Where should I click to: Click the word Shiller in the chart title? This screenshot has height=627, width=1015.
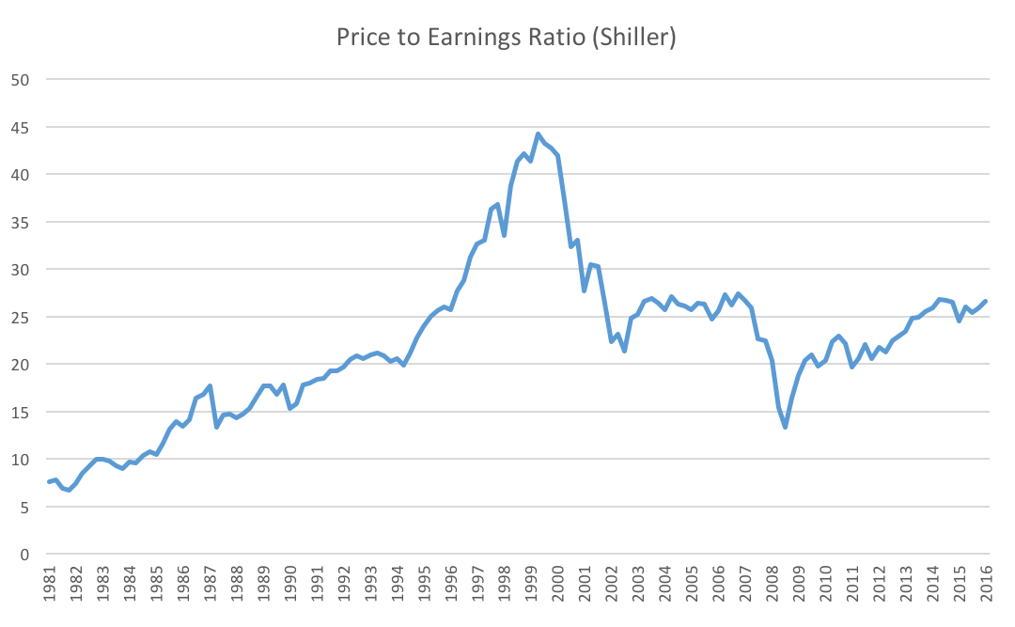pyautogui.click(x=639, y=39)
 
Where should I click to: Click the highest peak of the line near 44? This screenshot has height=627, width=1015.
pyautogui.click(x=539, y=133)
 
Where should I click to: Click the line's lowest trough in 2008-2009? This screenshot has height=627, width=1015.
pyautogui.click(x=785, y=427)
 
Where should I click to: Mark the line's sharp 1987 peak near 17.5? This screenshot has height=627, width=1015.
pyautogui.click(x=210, y=386)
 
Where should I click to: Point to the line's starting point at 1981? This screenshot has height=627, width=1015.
pyautogui.click(x=49, y=482)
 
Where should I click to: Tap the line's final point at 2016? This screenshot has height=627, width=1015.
pyautogui.click(x=986, y=301)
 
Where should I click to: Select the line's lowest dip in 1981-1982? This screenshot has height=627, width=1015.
pyautogui.click(x=69, y=490)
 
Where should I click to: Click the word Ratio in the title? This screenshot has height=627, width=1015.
pyautogui.click(x=546, y=39)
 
